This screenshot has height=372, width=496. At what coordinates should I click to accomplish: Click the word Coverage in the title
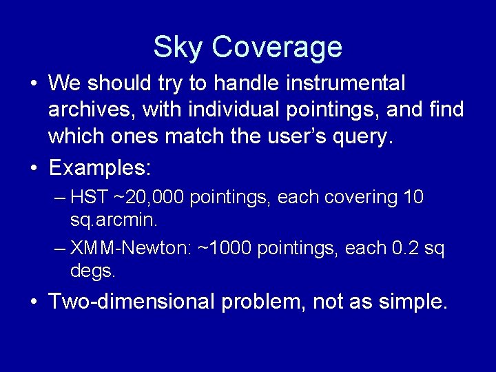pos(277,48)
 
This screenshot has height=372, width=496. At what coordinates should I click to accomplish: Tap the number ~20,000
pos(149,198)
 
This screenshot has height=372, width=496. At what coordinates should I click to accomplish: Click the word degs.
pos(93,271)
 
